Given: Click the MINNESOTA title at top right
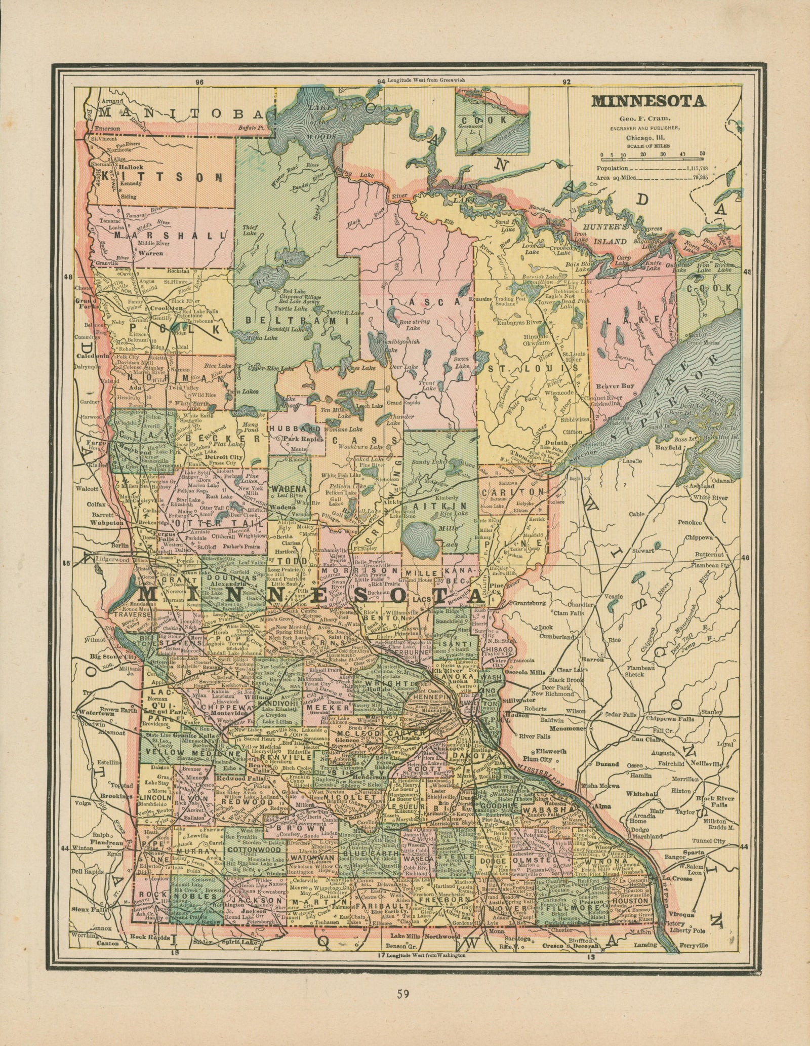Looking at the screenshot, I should [x=649, y=101].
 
